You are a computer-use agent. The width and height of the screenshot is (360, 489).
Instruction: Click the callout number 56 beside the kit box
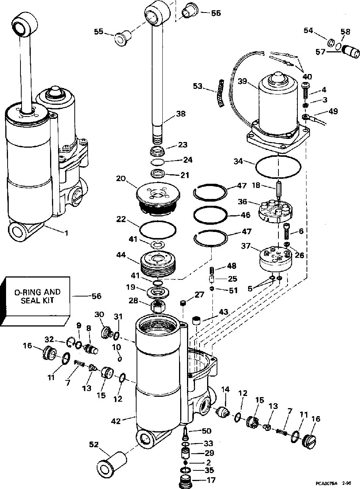pyautogui.click(x=96, y=296)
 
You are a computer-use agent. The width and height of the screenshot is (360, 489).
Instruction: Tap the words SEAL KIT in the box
pyautogui.click(x=37, y=300)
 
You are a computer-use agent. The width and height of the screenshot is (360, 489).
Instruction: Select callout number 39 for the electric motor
pyautogui.click(x=242, y=81)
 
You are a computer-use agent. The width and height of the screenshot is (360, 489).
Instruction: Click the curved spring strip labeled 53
pyautogui.click(x=222, y=93)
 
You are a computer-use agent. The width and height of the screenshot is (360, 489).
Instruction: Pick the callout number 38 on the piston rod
pyautogui.click(x=181, y=114)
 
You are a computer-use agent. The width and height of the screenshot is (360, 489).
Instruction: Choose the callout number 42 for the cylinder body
pyautogui.click(x=116, y=421)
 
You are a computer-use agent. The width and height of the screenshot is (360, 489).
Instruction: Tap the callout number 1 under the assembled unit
pyautogui.click(x=66, y=233)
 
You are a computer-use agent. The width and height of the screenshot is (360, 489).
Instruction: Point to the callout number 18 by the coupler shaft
pyautogui.click(x=256, y=185)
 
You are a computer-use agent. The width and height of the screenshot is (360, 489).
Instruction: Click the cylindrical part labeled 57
pyautogui.click(x=351, y=52)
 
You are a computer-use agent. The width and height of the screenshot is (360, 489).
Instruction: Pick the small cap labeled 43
pyautogui.click(x=196, y=321)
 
